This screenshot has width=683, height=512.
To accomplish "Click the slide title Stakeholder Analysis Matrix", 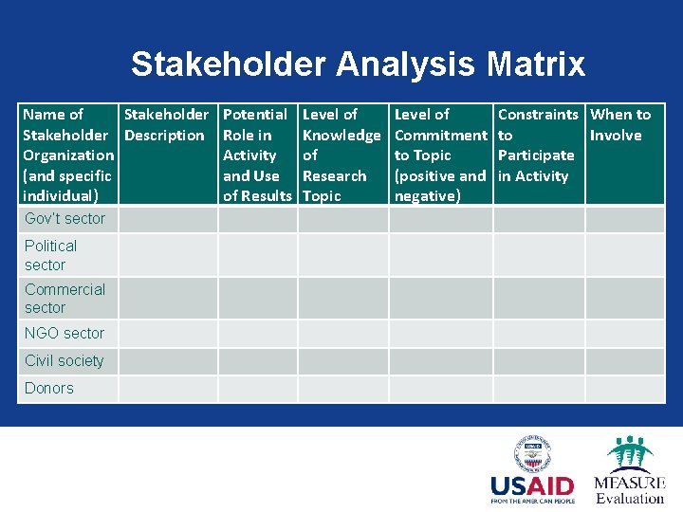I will click(x=358, y=64).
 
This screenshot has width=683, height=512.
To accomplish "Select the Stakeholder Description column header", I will click(x=166, y=124).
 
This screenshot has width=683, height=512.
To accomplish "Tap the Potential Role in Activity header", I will click(x=257, y=155).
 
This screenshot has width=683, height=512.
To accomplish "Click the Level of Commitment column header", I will click(x=440, y=155).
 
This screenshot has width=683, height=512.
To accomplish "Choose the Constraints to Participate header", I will click(x=537, y=145).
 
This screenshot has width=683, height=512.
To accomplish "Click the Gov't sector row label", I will click(x=65, y=219).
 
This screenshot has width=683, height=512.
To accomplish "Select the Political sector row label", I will click(x=51, y=255).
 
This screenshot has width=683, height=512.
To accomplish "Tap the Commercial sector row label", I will click(x=65, y=298).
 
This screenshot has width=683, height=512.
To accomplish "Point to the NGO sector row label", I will click(x=65, y=333).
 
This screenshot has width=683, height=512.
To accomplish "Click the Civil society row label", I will click(x=65, y=360).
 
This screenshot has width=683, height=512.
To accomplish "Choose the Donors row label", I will click(x=49, y=388).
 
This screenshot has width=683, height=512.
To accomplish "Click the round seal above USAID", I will click(x=532, y=453).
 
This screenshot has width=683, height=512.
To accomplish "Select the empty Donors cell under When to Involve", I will click(x=624, y=389).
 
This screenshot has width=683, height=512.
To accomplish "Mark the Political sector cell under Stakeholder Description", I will click(x=168, y=255).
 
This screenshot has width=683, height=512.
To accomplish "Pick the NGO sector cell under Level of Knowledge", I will click(x=343, y=333).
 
